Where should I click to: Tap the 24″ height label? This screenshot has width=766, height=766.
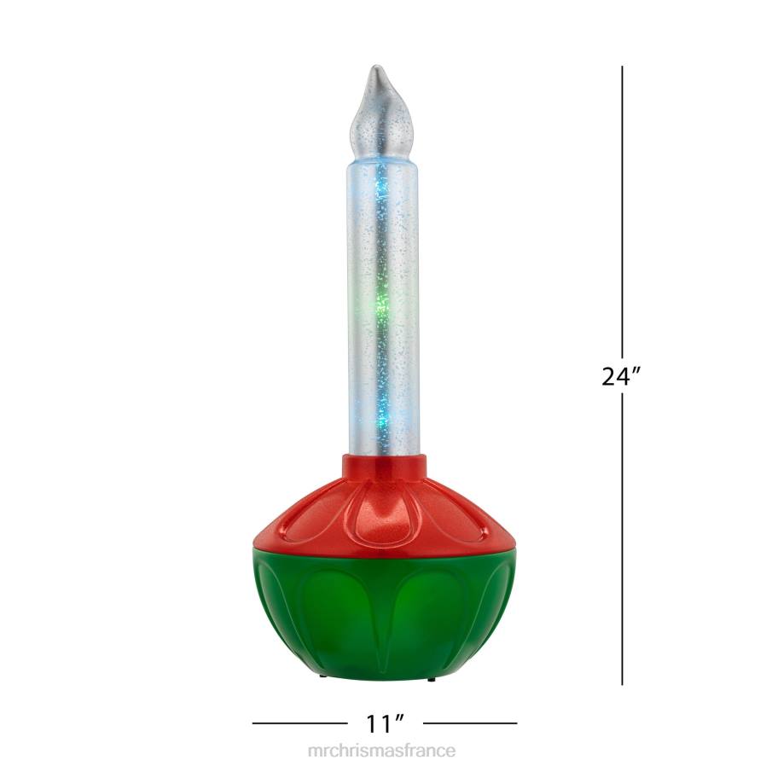[621, 376]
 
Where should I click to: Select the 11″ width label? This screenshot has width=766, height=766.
[384, 724]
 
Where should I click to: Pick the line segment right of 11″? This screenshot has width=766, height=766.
[470, 724]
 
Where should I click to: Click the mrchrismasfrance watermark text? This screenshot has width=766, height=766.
[382, 751]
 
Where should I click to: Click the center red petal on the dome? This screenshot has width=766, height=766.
[384, 512]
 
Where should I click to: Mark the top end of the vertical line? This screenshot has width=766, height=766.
[622, 67]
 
